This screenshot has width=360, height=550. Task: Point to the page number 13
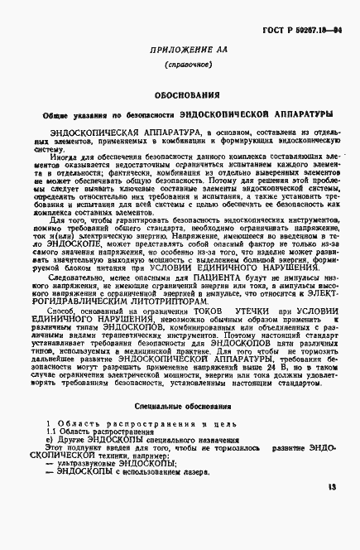[x=333, y=511]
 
